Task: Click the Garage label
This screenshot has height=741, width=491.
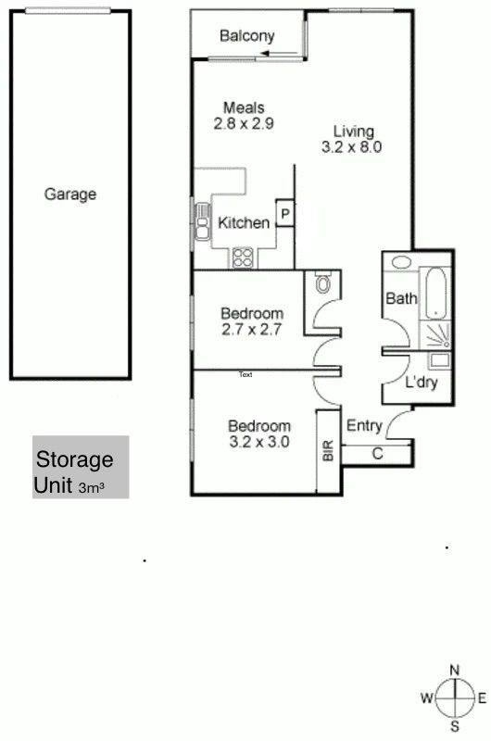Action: pos(69,195)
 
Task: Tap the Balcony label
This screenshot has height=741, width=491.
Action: pos(246,36)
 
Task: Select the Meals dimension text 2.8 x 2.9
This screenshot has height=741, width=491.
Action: pos(244,124)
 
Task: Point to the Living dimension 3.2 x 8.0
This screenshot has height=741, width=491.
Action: pos(352,147)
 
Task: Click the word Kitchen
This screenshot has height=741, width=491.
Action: pos(244,222)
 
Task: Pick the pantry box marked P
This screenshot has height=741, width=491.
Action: pos(285,214)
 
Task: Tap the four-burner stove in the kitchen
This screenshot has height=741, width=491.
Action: pos(243,258)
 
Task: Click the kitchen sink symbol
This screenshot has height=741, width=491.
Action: pos(202,221)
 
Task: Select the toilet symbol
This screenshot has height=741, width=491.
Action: pos(323,282)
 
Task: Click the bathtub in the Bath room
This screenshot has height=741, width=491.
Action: pos(435,294)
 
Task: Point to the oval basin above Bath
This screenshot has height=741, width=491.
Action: pos(401,262)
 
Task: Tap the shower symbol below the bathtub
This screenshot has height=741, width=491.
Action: pos(434,335)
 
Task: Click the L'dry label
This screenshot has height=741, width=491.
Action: pos(422,382)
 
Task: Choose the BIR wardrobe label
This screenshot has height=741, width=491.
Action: pos(329,450)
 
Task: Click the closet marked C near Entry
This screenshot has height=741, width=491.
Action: pos(377,454)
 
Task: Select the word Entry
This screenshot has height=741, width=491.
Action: pos(364,425)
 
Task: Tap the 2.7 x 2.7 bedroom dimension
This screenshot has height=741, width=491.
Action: pos(251,330)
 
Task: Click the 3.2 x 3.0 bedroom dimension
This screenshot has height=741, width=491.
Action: pos(259,442)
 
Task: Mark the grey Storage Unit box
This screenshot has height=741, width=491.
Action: pos(81,467)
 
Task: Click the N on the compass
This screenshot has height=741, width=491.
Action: pos(454,670)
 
